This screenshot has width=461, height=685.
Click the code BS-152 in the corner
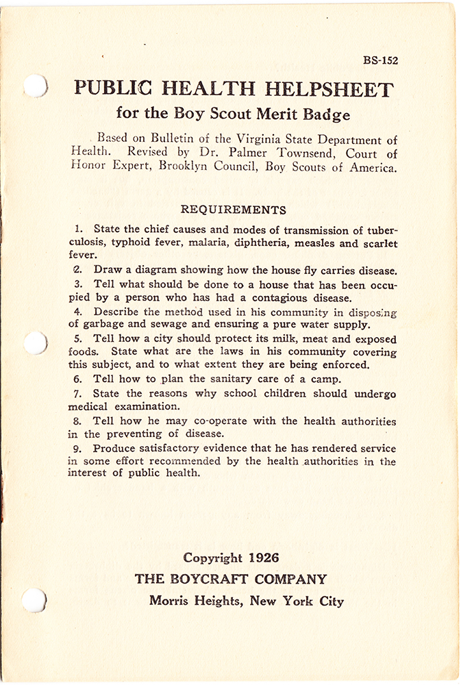tap(380, 60)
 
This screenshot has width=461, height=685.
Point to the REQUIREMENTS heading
tap(233, 210)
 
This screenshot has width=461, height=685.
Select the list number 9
tap(77, 448)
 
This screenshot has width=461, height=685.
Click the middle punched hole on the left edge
tap(34, 342)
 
